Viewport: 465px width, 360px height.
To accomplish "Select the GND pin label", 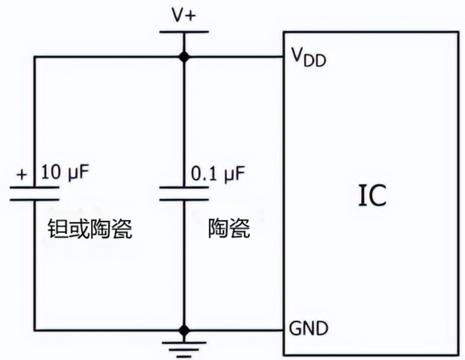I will coord(308,329).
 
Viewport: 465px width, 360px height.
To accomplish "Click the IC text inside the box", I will coord(372,196).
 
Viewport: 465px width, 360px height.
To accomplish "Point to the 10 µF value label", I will coord(66,173).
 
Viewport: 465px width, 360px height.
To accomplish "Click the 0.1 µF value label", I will coord(217,174).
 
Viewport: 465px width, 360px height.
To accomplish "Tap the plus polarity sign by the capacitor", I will coord(22,174).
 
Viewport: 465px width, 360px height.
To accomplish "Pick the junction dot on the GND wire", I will coord(184,330).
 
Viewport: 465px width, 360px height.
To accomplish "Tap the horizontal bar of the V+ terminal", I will coord(184,32).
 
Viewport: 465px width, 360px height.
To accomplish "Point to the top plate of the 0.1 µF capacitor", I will coord(184,187).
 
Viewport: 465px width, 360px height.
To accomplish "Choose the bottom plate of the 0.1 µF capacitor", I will coord(184,200).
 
